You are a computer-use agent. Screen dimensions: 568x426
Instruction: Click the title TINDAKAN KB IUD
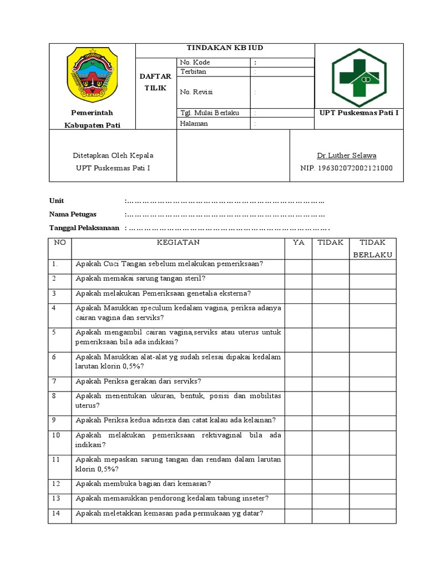point(225,48)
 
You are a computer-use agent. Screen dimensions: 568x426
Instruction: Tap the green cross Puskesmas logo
point(359,78)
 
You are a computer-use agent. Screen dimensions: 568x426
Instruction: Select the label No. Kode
point(194,62)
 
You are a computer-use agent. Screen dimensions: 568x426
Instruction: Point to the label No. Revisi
point(196,92)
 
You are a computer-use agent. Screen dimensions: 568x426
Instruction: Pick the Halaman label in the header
point(194,123)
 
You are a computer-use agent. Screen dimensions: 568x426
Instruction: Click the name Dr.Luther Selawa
point(346,155)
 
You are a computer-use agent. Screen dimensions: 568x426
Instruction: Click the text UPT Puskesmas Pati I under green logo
point(359,113)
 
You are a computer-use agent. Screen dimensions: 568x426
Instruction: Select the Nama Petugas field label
point(73,214)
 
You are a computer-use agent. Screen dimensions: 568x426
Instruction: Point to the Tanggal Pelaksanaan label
point(84,228)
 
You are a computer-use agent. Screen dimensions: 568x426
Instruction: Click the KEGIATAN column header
point(178,242)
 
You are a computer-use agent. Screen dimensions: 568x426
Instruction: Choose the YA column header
point(298,242)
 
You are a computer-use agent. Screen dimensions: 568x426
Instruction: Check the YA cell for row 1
point(298,266)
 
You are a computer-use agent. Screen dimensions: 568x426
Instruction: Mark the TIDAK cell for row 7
point(330,383)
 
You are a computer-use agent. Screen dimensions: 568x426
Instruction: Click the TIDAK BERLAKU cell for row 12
point(372,484)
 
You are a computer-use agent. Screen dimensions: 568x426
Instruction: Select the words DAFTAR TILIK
point(156,83)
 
